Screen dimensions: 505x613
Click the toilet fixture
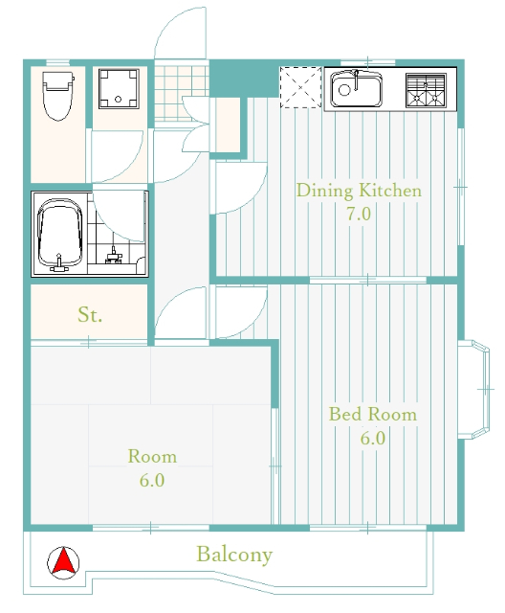(x=58, y=96)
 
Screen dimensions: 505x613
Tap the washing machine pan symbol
(x=119, y=89)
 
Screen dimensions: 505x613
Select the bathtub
(x=59, y=234)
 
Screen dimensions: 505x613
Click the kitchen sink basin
(x=356, y=89)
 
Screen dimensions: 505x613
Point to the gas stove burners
(x=426, y=90)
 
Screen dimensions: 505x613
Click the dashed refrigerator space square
(x=300, y=87)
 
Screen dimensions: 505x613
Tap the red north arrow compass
(x=63, y=563)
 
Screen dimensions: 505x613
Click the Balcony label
(x=234, y=555)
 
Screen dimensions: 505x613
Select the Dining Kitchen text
(x=359, y=191)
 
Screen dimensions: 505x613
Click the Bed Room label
(x=373, y=415)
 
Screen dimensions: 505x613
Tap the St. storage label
(x=90, y=315)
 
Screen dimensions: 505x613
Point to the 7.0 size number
(x=359, y=214)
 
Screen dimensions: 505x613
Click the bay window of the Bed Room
(x=473, y=390)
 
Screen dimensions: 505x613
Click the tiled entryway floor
(x=181, y=94)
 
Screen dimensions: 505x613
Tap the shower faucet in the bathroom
(x=114, y=255)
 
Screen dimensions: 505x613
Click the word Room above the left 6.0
(x=152, y=457)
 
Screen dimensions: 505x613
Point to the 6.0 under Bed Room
(x=373, y=439)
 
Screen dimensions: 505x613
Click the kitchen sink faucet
(x=356, y=79)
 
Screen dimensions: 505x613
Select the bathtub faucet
(x=59, y=263)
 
